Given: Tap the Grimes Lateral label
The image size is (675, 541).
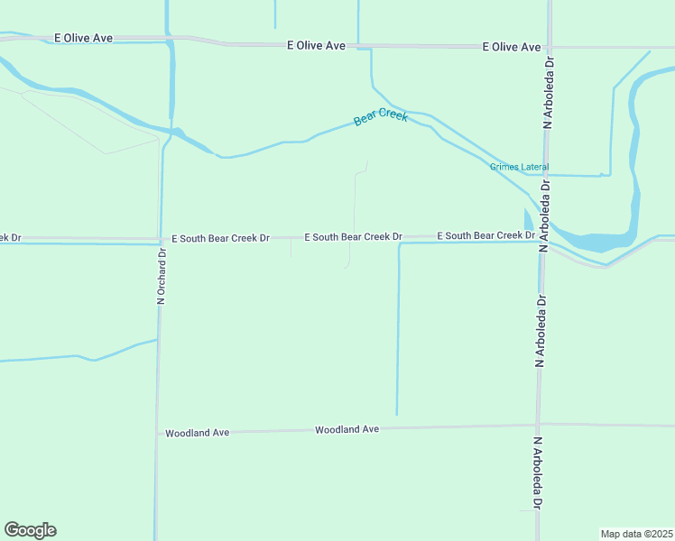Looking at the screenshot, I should coord(520,167).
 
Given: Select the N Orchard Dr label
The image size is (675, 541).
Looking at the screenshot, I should coord(162,276).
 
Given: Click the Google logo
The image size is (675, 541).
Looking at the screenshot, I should coord(30,530).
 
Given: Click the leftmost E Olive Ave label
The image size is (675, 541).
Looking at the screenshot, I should coord(83,39).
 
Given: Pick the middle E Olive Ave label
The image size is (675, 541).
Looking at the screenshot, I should coord(316,44).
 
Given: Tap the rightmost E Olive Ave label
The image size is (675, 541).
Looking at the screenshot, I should coord(512,47).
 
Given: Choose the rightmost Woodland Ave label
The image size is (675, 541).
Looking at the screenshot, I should coord(347,430).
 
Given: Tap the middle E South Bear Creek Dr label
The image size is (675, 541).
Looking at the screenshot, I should coord(353,237).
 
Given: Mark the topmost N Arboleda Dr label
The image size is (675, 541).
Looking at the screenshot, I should coord(547,91).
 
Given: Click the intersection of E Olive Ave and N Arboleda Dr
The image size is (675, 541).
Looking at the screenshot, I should coord(548,47).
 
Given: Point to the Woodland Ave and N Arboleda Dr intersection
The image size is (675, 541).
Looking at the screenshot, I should coord(538,425).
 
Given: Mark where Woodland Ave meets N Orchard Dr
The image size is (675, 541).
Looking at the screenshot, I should coord(157,433).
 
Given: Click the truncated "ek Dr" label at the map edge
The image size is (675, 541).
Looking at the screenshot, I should coord(10,238).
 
